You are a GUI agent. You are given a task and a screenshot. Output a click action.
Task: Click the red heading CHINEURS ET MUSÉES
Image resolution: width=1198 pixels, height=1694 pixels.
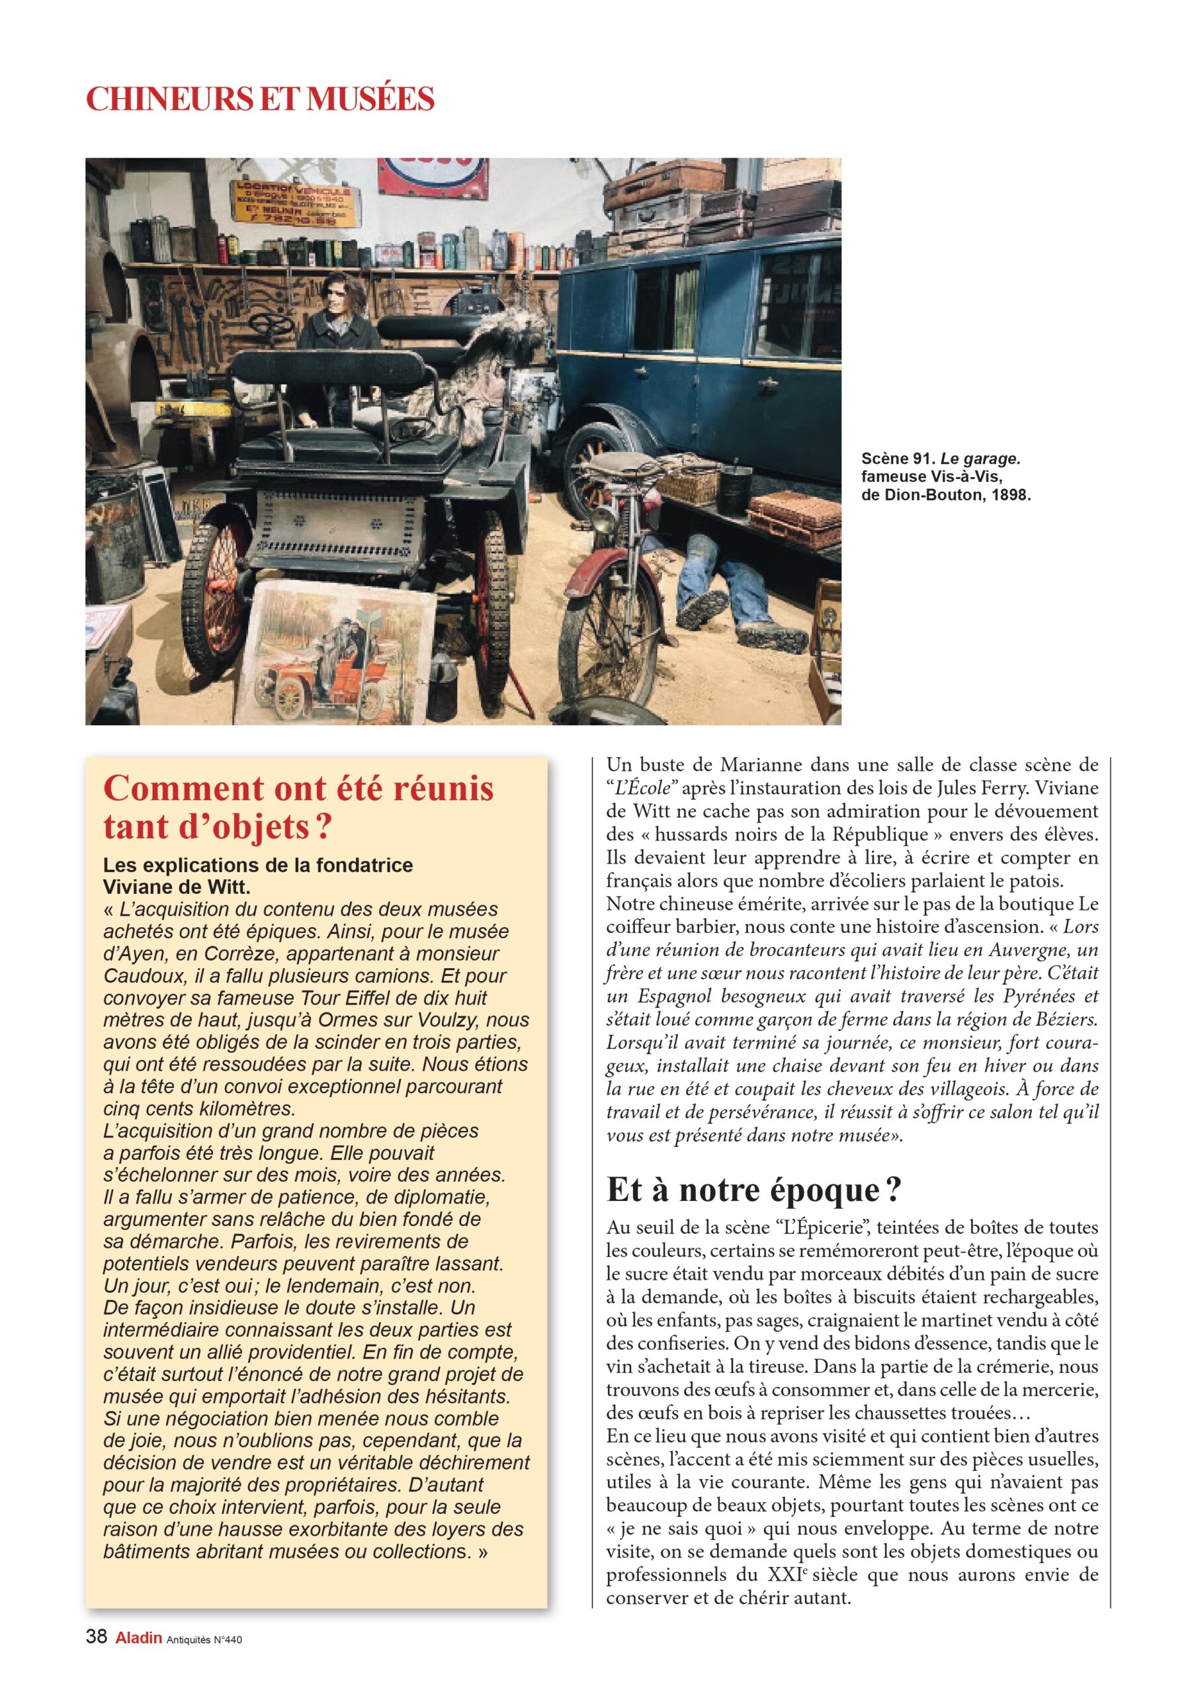pyautogui.click(x=260, y=99)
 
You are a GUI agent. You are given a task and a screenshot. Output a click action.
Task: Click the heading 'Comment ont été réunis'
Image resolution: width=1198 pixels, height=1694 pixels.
pyautogui.click(x=298, y=788)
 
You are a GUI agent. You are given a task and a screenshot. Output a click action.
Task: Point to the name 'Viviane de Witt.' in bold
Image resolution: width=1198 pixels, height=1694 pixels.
pyautogui.click(x=177, y=886)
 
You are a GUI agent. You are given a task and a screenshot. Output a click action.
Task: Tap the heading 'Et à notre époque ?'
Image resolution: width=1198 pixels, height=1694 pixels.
pyautogui.click(x=754, y=1189)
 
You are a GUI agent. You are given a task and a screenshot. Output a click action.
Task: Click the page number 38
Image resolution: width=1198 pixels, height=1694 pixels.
pyautogui.click(x=97, y=1637)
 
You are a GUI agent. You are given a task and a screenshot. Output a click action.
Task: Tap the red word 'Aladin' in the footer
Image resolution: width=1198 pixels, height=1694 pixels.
pyautogui.click(x=138, y=1638)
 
